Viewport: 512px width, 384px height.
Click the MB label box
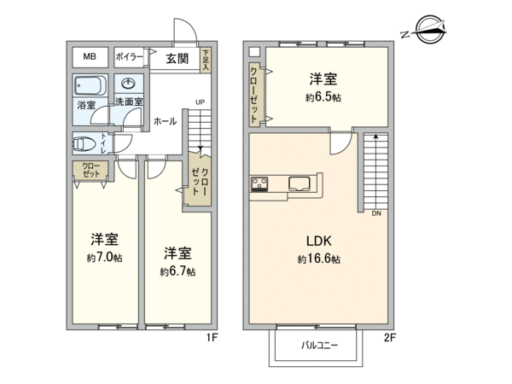tap(90, 57)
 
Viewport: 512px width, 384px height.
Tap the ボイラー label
tap(130, 57)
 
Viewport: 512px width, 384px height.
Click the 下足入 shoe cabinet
tap(206, 60)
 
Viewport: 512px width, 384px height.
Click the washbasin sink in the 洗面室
tap(128, 84)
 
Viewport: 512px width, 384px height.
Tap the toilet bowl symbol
tap(84, 144)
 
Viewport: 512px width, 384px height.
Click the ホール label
tap(166, 121)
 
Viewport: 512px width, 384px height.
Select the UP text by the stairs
tap(201, 102)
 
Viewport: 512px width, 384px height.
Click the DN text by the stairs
tap(376, 213)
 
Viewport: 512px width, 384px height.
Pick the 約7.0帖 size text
tap(104, 258)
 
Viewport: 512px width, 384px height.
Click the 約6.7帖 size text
tap(178, 271)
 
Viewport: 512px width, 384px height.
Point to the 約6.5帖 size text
tap(323, 97)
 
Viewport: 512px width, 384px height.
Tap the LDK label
tap(319, 241)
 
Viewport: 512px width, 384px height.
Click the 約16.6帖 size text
tap(319, 259)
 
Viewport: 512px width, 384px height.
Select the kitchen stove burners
tap(259, 183)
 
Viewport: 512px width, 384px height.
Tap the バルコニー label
tap(319, 345)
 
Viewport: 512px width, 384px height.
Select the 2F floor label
tap(390, 338)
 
